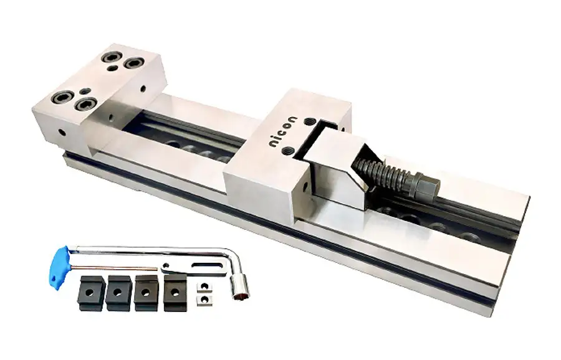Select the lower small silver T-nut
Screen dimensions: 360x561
pyautogui.click(x=201, y=300)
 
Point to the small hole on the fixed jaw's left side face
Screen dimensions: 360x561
pyautogui.click(x=62, y=133)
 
